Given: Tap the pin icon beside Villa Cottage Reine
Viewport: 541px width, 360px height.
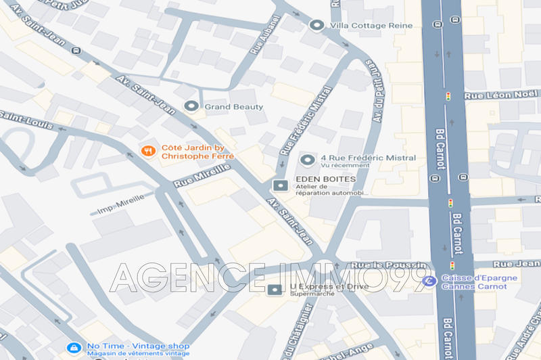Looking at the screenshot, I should click(x=316, y=25).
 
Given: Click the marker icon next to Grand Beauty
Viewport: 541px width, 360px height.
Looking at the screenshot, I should click(x=191, y=106).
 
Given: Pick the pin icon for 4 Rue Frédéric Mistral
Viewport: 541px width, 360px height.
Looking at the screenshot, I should click(x=308, y=160).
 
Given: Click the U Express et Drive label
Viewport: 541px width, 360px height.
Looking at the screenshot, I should click(x=319, y=287).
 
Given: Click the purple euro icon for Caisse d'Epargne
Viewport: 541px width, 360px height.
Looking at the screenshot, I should click(x=427, y=280).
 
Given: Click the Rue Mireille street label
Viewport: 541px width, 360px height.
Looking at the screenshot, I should click(x=202, y=175).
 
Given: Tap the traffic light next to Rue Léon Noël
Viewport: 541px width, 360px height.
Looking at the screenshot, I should click(x=448, y=97).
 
